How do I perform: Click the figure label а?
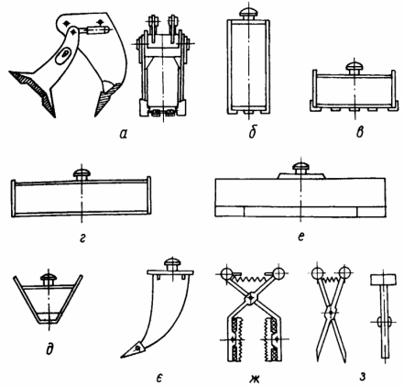[123, 134]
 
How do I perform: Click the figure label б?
[252, 132]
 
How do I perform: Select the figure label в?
[360, 132]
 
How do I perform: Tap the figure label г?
[82, 238]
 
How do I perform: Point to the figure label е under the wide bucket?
[300, 236]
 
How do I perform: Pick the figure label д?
[49, 349]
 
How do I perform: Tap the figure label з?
[363, 377]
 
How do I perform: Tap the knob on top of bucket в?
[355, 68]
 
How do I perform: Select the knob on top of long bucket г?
[82, 175]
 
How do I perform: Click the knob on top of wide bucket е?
[301, 169]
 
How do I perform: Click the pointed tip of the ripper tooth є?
[121, 358]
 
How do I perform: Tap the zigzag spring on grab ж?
[250, 278]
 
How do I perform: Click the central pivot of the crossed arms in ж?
[251, 297]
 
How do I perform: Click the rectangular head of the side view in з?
[384, 280]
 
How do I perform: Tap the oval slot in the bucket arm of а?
[64, 55]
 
